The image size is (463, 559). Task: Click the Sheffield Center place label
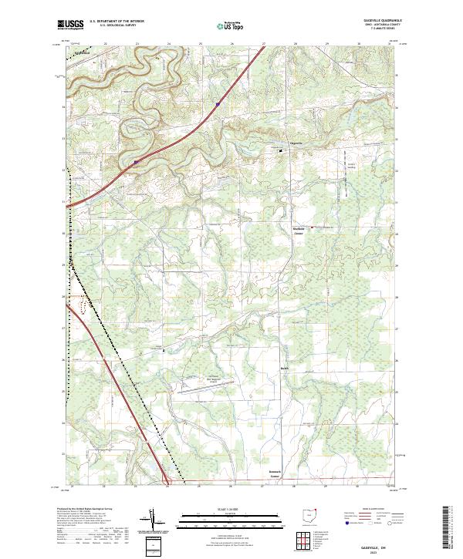point(298,231)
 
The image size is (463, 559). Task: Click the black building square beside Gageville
point(281,150)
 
